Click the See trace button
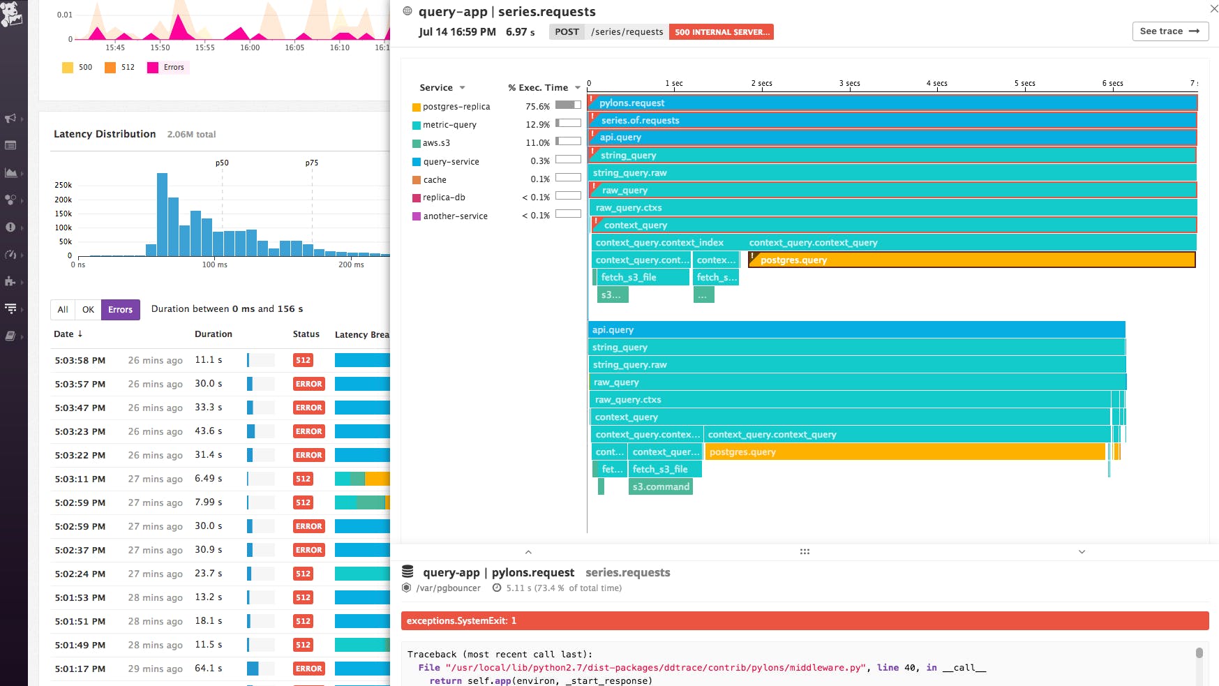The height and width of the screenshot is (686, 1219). coord(1169,31)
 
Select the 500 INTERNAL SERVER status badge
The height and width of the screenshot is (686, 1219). coord(721,32)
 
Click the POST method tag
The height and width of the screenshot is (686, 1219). coord(567,32)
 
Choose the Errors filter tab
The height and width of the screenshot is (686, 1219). coord(120,310)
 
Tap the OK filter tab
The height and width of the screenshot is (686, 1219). coord(88,310)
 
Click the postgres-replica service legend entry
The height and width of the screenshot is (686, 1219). coord(456,107)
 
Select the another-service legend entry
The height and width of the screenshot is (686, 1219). coord(455,216)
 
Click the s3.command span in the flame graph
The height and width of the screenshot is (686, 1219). coord(660,487)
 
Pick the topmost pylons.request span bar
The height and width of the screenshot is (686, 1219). coord(893,103)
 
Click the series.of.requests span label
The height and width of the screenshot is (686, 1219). coord(640,120)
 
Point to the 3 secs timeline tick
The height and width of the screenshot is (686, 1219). coord(849,84)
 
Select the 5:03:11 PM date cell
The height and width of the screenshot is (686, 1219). coord(80,479)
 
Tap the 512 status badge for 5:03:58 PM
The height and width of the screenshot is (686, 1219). coord(303,361)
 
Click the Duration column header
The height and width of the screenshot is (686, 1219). coord(213,334)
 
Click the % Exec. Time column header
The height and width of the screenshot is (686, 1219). coord(538,88)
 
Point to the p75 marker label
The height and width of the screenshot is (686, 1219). coord(311,163)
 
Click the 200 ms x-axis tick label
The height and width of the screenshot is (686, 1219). coord(351,265)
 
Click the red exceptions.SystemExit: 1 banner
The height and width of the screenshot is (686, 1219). coord(804,621)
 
